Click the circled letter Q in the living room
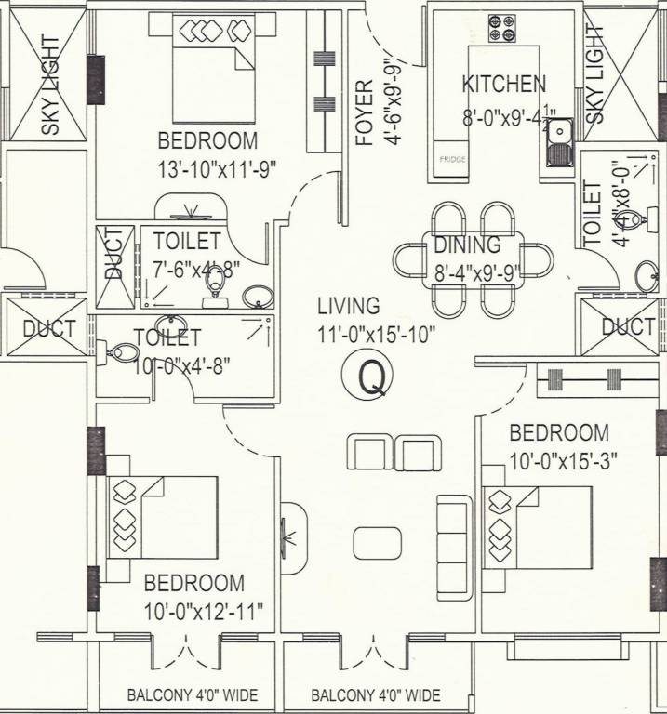371,377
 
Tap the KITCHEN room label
503,84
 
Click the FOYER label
364,112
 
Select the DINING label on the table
466,246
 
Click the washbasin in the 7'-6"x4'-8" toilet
256,297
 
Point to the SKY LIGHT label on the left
49,85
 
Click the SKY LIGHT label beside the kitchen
594,73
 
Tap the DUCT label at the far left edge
48,328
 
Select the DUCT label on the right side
628,327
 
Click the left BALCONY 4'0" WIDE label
193,695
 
